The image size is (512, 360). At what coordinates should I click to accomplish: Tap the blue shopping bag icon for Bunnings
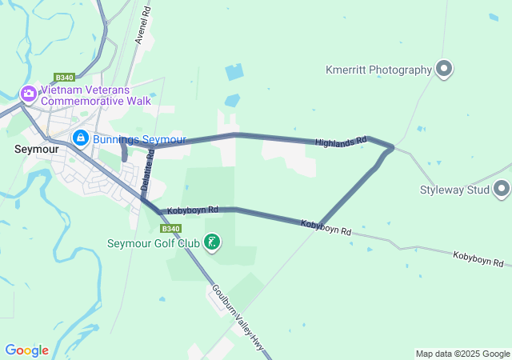[x=80, y=138]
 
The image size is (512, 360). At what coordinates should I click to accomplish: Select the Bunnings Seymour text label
[x=139, y=139]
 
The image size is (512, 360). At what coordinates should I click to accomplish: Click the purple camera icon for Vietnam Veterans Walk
[x=29, y=94]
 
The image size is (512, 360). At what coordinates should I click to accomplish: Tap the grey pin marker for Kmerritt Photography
[x=445, y=70]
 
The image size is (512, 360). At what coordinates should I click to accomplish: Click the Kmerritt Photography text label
[x=378, y=70]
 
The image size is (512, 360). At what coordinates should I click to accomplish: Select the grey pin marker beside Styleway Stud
[x=502, y=190]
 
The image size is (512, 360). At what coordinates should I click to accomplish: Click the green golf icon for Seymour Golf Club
[x=212, y=242]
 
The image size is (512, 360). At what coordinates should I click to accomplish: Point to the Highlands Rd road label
[x=340, y=142]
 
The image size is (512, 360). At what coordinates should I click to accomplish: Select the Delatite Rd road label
[x=146, y=171]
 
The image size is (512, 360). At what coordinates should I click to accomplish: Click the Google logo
[x=26, y=350]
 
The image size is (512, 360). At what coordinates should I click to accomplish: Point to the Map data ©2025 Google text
[x=462, y=354]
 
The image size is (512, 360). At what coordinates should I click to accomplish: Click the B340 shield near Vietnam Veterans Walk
[x=65, y=78]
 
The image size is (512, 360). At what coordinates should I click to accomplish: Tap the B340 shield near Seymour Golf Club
[x=170, y=228]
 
